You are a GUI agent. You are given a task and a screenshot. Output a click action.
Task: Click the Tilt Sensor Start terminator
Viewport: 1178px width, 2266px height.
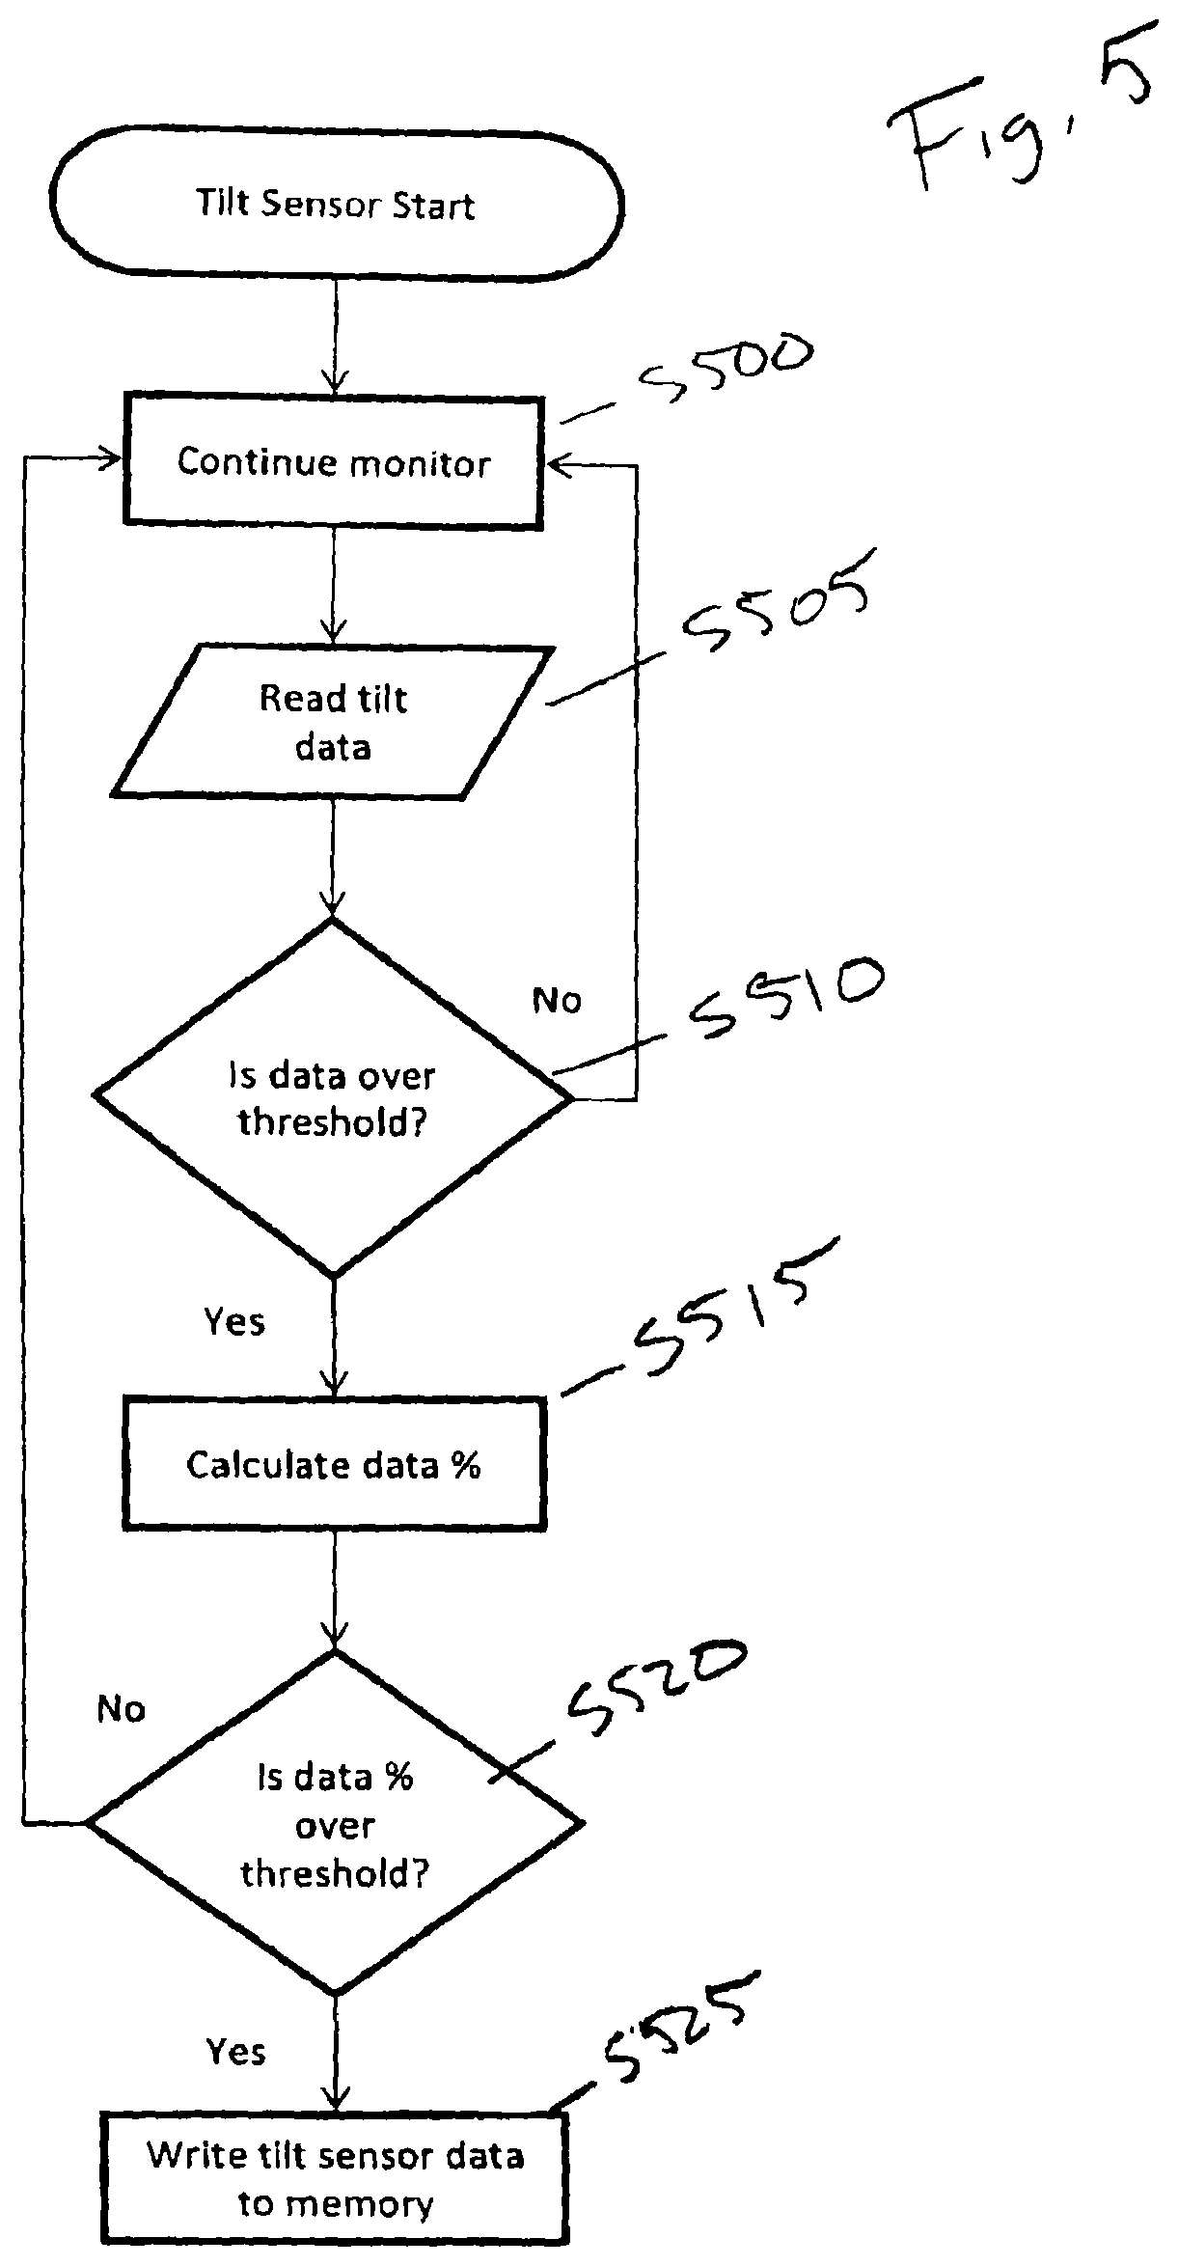point(336,204)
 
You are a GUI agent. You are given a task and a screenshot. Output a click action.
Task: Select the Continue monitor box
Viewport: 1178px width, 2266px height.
point(334,461)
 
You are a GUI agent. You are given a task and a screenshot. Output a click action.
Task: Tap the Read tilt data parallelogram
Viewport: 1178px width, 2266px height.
point(333,722)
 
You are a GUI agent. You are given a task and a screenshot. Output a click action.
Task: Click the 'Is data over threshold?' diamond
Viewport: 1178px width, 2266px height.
point(333,1097)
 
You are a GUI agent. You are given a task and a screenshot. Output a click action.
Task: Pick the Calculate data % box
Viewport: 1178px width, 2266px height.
point(334,1465)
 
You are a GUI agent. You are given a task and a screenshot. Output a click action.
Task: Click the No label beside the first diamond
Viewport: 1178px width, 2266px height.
point(557,1001)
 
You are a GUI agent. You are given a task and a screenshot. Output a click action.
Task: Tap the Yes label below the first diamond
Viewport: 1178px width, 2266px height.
point(234,1321)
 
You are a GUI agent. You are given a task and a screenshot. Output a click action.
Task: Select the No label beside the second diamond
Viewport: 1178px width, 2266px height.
point(122,1709)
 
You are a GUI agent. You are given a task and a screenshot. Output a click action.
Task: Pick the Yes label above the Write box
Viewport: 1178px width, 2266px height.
point(236,2051)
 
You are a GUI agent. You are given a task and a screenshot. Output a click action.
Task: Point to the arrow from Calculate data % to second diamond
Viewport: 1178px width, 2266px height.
point(335,1590)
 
